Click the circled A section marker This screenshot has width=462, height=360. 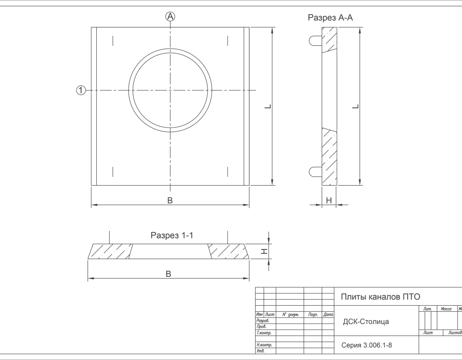[170, 17]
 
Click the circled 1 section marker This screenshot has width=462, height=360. [81, 90]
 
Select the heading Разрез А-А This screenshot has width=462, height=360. [330, 17]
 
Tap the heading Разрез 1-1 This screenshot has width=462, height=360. [172, 235]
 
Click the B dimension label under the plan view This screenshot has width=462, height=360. [170, 200]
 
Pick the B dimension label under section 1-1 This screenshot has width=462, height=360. [168, 274]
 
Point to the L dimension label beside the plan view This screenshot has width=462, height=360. [268, 106]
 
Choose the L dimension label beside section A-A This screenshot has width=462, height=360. [356, 106]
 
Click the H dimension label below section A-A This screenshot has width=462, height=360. [329, 201]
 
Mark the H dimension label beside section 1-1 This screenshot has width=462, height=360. [264, 251]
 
